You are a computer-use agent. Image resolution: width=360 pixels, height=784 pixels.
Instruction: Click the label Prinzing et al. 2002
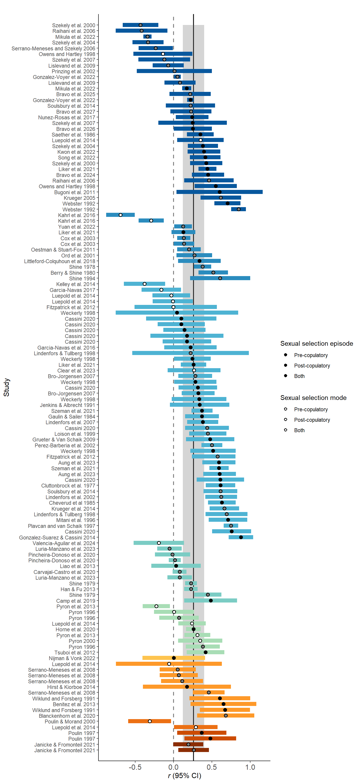73,71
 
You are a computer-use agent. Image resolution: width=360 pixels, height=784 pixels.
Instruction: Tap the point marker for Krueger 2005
221,198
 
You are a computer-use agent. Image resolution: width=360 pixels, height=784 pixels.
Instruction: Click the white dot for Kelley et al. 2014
144,284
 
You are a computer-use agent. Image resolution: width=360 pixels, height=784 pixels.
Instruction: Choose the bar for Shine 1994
220,278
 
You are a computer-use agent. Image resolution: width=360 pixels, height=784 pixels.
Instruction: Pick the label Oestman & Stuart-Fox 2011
63,250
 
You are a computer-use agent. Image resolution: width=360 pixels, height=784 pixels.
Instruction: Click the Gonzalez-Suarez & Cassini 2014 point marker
241,537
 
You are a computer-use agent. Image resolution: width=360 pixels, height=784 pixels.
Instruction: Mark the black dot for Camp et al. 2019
211,601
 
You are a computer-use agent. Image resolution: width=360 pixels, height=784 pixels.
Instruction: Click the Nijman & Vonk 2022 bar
174,658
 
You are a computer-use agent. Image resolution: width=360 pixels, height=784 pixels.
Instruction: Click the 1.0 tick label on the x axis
250,767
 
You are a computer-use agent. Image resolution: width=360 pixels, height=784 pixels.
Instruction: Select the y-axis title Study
6,387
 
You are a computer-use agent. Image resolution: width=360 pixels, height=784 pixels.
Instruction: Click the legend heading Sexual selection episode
316,344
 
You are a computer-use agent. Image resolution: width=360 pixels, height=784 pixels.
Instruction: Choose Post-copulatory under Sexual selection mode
312,420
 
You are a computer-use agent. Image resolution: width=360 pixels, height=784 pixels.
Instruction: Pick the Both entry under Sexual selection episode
299,376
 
